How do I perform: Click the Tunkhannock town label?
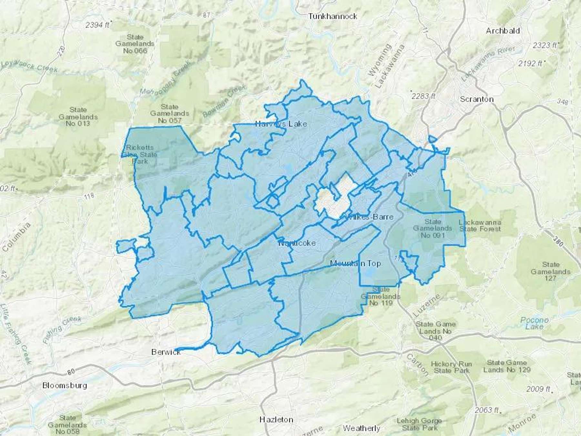point(332,16)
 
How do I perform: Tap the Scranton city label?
point(476,99)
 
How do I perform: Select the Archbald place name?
point(503,31)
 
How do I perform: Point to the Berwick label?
point(166,352)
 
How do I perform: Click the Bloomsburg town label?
point(65,385)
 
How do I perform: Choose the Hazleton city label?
point(276,420)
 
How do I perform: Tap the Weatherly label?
point(361,428)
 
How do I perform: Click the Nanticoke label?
point(297,243)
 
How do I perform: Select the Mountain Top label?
point(355,264)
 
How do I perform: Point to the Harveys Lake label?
point(281,124)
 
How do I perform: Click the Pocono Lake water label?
point(534,323)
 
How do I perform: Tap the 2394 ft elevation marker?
point(97,25)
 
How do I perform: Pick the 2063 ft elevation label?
point(486,410)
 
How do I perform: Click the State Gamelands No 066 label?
point(135,44)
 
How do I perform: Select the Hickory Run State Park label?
point(451,367)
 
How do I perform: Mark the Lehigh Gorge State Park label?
point(419,424)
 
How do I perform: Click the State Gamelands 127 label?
point(551,271)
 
